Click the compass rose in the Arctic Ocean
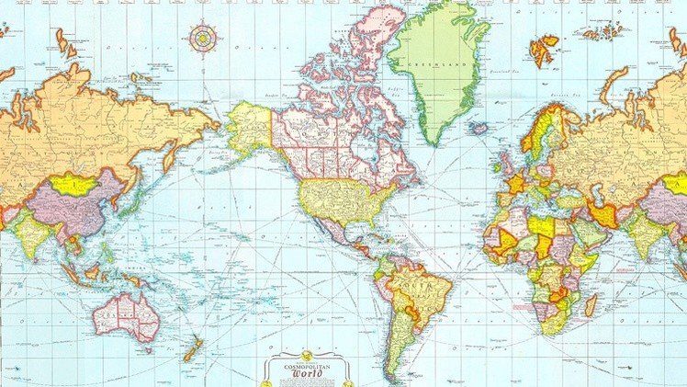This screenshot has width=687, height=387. (x=202, y=38)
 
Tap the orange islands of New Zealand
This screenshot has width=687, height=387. (x=193, y=348)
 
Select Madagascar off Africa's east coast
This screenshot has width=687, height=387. (x=590, y=304)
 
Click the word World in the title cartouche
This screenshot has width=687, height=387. (x=307, y=373)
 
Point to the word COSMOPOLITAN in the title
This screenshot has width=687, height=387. (x=306, y=363)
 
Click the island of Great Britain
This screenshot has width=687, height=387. (x=504, y=165)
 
